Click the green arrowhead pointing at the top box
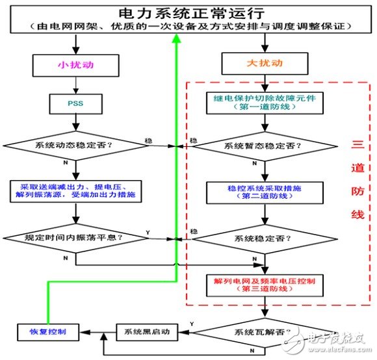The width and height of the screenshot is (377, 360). pos(176,38)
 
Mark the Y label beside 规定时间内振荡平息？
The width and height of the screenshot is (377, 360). pos(149,232)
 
